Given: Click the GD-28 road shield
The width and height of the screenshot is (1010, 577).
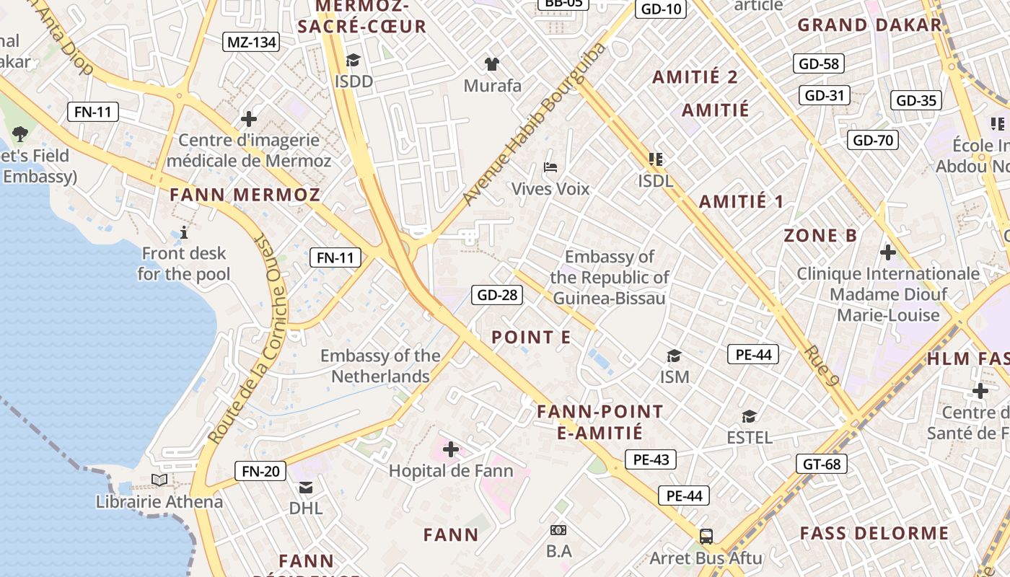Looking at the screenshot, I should click(497, 294).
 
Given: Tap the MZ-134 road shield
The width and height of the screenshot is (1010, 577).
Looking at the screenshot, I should click(251, 42).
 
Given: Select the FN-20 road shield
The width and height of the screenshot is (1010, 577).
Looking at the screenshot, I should click(260, 472).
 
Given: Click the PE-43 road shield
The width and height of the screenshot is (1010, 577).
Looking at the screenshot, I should click(651, 459).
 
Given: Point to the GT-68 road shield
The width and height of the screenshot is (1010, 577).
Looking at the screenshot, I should click(822, 464).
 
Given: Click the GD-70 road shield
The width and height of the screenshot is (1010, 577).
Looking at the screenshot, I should click(873, 140).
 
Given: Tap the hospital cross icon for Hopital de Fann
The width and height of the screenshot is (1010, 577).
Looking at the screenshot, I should click(451, 449).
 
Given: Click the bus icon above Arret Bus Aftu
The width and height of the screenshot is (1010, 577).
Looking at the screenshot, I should click(706, 536).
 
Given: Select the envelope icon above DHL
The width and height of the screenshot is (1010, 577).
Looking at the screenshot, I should click(306, 487).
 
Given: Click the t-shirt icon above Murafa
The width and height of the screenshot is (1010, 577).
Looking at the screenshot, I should click(492, 63).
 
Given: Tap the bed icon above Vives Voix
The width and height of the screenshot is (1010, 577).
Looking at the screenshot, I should click(550, 167).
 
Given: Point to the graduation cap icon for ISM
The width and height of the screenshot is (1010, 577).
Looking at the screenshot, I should click(674, 356).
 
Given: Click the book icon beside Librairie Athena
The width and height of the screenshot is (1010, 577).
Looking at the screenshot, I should click(159, 480).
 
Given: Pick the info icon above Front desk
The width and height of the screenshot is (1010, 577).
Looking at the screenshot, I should click(184, 232).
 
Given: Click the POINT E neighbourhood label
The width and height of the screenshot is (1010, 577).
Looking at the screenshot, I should click(531, 337).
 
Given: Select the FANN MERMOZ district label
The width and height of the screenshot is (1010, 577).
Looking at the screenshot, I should click(245, 195).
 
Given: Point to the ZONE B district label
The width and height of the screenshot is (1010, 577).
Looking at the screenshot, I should click(820, 236).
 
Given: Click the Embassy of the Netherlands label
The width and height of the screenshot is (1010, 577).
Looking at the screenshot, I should click(380, 366).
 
